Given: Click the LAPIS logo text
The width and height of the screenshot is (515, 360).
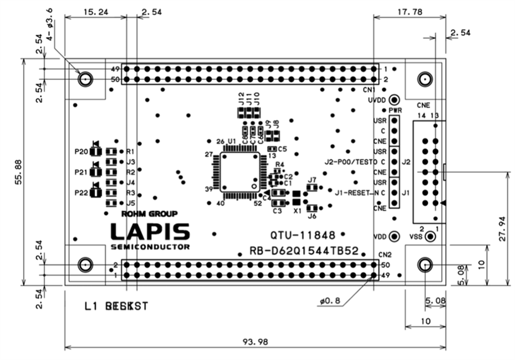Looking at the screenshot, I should point(150,232).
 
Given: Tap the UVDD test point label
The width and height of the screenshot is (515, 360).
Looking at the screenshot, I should point(377,100).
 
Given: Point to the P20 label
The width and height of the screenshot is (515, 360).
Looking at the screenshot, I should point(81,151).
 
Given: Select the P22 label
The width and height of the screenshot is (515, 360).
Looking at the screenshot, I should point(81,193).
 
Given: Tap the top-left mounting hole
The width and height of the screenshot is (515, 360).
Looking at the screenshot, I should point(85,78).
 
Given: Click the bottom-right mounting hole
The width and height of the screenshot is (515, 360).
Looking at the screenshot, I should point(425,265).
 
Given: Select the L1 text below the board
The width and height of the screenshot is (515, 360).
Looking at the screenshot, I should point(91,307).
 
